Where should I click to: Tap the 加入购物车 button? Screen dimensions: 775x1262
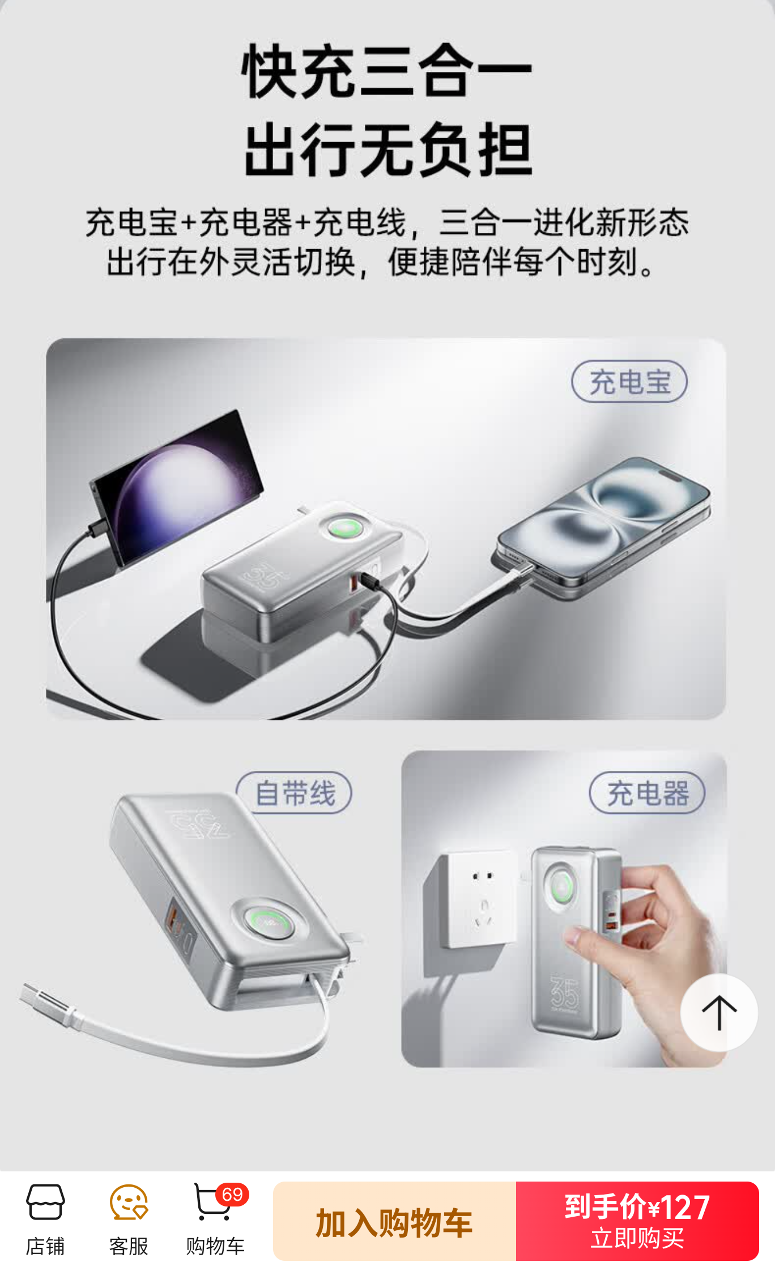[x=394, y=1221]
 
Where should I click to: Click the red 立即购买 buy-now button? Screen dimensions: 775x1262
[x=637, y=1221]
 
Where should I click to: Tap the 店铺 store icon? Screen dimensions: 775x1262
[x=45, y=1202]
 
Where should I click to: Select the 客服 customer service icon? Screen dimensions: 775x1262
[x=129, y=1202]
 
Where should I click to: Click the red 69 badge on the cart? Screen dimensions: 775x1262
[x=232, y=1195]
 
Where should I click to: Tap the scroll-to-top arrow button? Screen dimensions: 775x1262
[x=719, y=1013]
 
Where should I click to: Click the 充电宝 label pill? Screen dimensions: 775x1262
[x=629, y=382]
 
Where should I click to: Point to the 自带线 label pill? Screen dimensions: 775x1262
[x=294, y=793]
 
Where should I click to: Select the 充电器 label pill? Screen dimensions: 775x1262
[x=648, y=793]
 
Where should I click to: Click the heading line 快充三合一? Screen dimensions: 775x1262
[x=387, y=71]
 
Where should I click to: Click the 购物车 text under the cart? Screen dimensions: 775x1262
[x=215, y=1247]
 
